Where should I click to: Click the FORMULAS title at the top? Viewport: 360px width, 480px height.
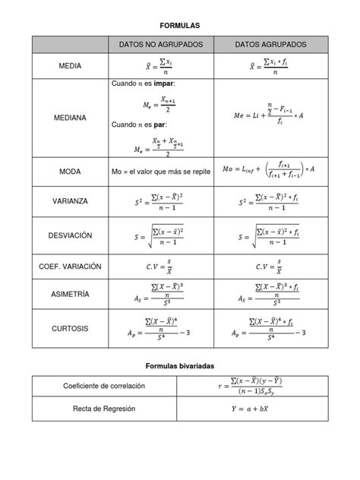pos(180,26)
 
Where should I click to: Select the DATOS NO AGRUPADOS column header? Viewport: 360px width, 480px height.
pos(160,46)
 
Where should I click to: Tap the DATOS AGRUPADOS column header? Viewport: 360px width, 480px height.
pos(271,46)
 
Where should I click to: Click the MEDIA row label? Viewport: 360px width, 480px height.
pos(70,67)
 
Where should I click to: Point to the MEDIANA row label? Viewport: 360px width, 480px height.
pos(70,118)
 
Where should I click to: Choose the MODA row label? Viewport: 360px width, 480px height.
pos(70,172)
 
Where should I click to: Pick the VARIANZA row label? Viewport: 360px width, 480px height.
pos(70,202)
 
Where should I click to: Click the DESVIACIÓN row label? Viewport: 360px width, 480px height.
pos(70,236)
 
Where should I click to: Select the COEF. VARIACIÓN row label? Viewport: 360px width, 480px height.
pos(70,267)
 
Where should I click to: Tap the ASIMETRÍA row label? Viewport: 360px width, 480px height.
pos(70,294)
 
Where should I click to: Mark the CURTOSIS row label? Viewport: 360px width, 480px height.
pos(70,329)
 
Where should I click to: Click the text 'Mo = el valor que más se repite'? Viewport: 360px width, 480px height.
pos(160,172)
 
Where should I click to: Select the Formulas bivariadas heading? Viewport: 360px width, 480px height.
pos(180,366)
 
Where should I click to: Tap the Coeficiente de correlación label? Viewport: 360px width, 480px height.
pos(104,387)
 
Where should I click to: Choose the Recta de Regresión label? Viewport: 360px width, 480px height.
pos(104,409)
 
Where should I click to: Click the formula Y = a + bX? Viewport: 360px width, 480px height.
pos(254,409)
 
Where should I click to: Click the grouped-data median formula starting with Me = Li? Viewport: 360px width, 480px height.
pos(271,115)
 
